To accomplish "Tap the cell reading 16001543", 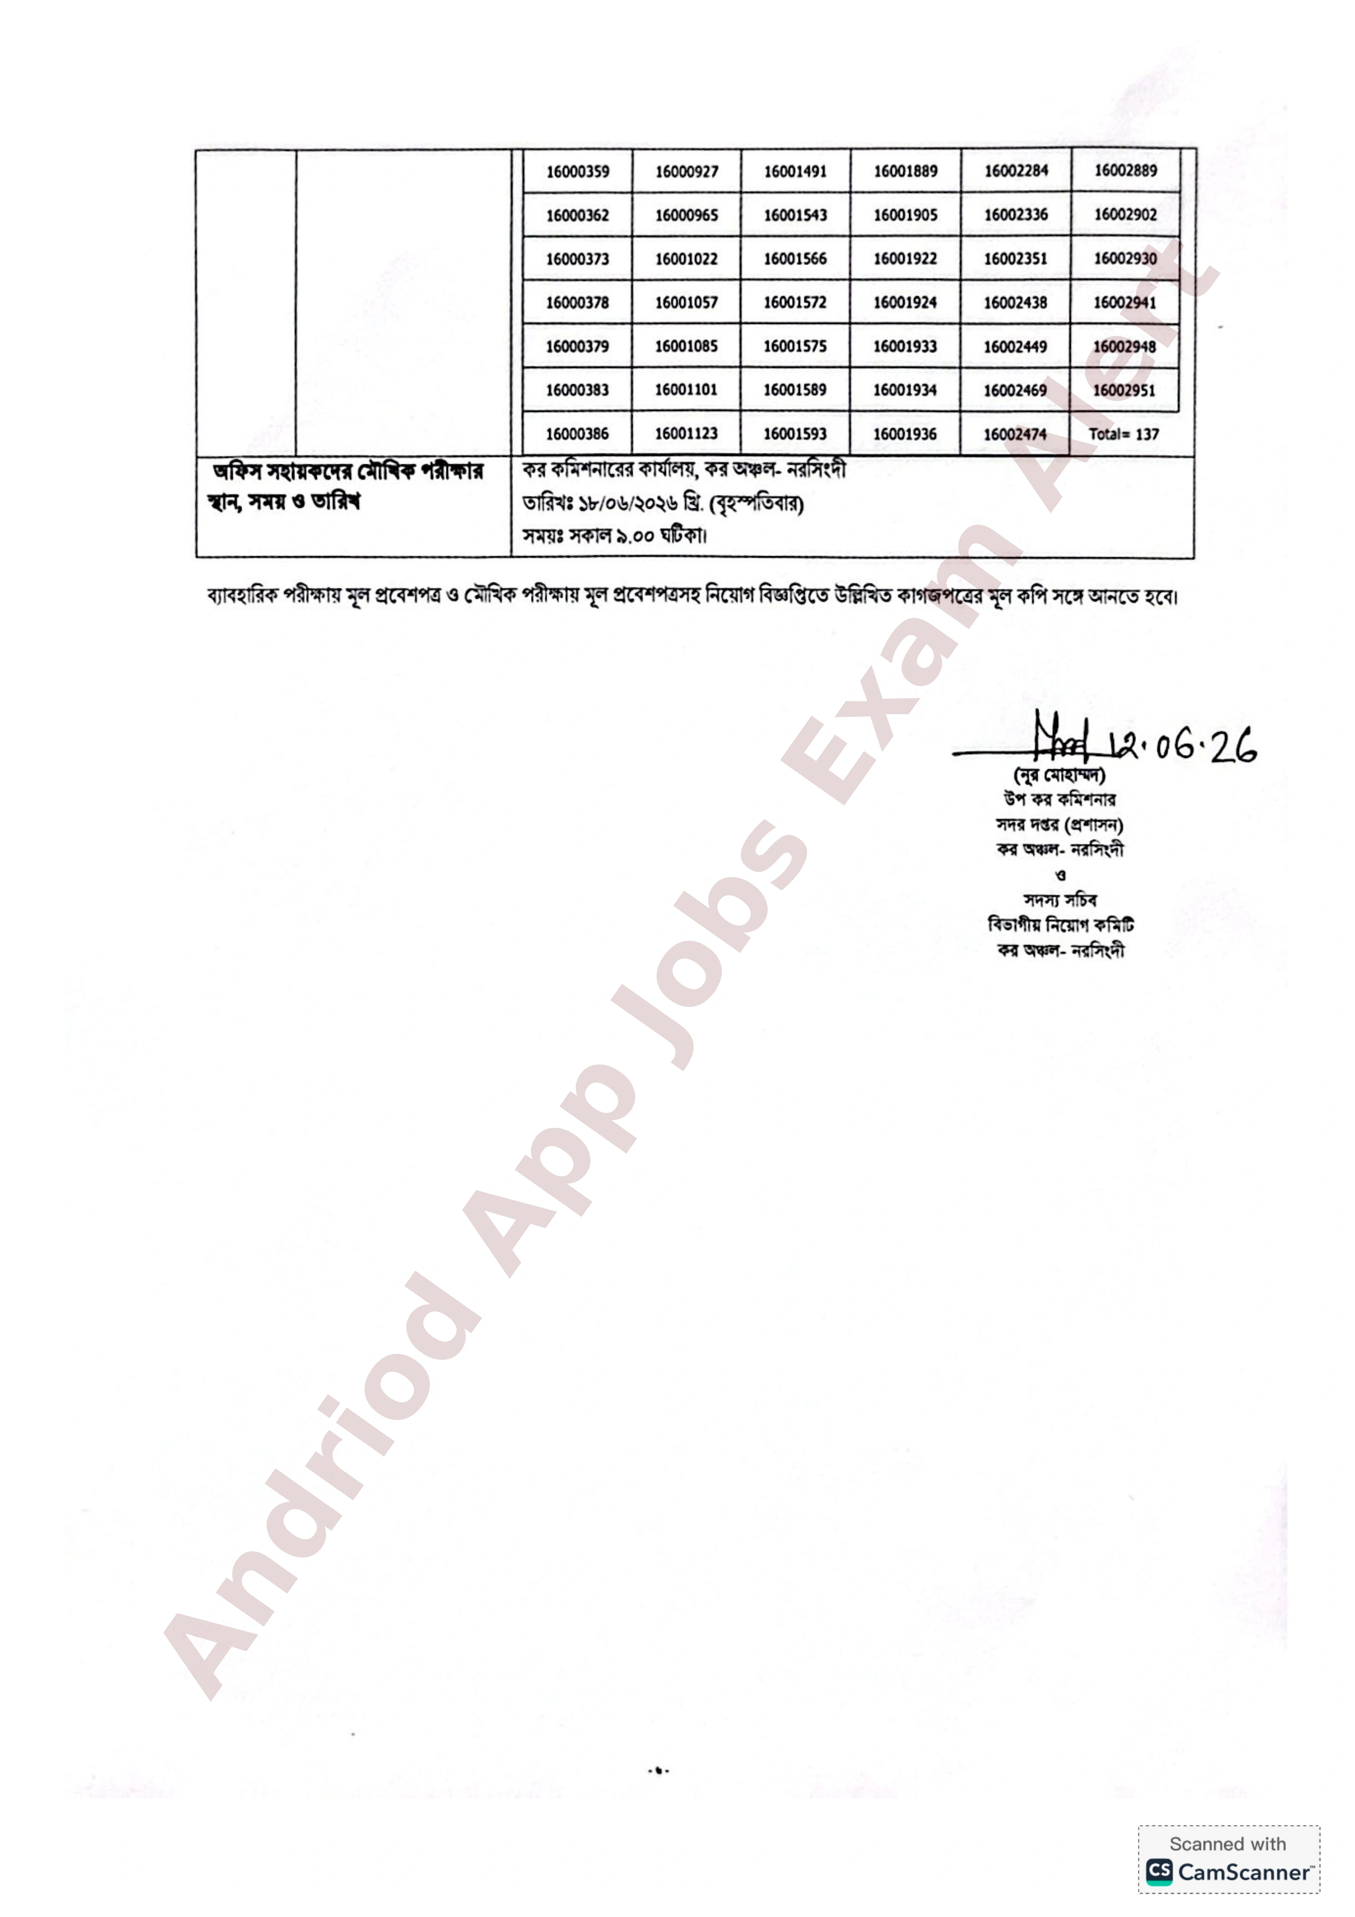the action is [x=795, y=215].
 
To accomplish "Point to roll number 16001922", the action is [x=905, y=259].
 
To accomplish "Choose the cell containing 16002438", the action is [x=1015, y=302].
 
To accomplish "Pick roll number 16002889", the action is [x=1126, y=170].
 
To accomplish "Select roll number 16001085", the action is [x=686, y=346].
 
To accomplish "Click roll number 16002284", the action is [x=1015, y=171].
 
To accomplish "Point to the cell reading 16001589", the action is [x=795, y=390].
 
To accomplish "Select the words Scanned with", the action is [x=1227, y=1844].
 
